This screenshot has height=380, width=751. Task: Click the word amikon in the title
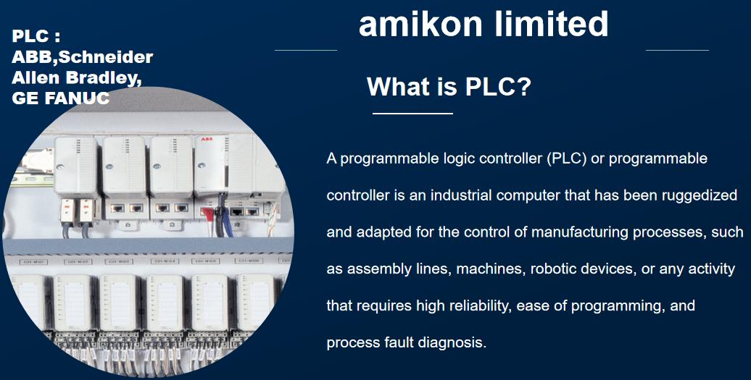pos(420,24)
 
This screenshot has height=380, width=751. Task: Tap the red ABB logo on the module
pos(207,139)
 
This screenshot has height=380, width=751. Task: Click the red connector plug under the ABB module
pos(207,214)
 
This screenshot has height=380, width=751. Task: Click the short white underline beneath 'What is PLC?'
pos(413,114)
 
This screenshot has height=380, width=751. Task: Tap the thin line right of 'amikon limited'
pos(677,50)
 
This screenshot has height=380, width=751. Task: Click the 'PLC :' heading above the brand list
pos(36,36)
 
